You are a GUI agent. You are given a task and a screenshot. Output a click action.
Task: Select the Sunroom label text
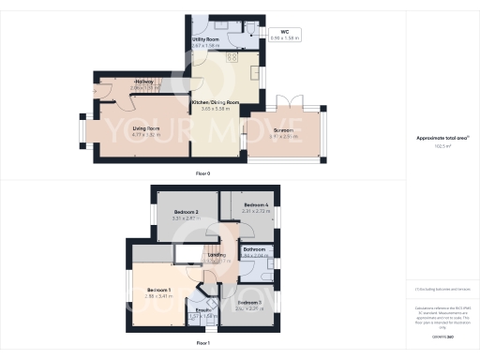pos(283,130)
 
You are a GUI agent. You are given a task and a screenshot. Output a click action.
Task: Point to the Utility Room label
pos(206,39)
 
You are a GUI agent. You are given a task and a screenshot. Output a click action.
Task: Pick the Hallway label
pos(143,82)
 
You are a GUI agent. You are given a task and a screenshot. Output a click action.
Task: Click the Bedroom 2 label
pos(187,212)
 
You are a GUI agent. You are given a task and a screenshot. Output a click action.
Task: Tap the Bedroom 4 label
pos(256,204)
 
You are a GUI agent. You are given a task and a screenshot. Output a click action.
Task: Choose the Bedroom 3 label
pos(249,302)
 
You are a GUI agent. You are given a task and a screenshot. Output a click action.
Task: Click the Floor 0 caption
pos(202,174)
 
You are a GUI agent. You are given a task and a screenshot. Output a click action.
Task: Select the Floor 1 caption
pos(202,344)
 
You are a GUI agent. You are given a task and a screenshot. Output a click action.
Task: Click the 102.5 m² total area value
pos(442,144)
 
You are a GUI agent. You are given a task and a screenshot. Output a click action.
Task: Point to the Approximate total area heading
pos(441,138)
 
